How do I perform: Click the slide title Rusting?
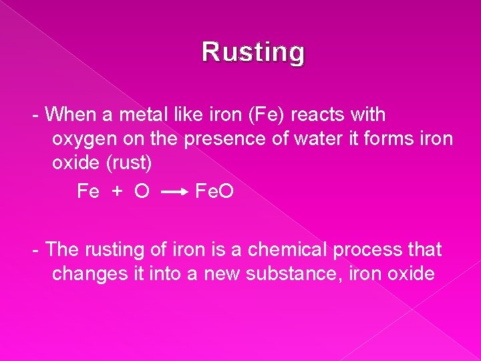pyautogui.click(x=254, y=52)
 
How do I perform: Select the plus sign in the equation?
pyautogui.click(x=117, y=192)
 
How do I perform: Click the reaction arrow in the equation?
pyautogui.click(x=176, y=193)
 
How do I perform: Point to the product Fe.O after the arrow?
pyautogui.click(x=214, y=192)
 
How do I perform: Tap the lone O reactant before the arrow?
pyautogui.click(x=141, y=192)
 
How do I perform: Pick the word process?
pyautogui.click(x=371, y=251)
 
